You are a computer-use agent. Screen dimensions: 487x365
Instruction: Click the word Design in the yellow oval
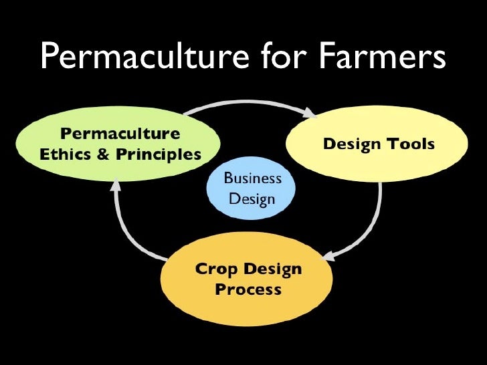[351, 144]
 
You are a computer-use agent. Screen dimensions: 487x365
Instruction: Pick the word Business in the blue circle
[252, 179]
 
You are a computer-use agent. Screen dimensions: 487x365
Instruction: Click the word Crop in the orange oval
[215, 269]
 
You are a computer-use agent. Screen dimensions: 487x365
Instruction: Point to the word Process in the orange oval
[248, 291]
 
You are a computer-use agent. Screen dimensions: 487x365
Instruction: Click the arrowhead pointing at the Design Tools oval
[310, 115]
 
